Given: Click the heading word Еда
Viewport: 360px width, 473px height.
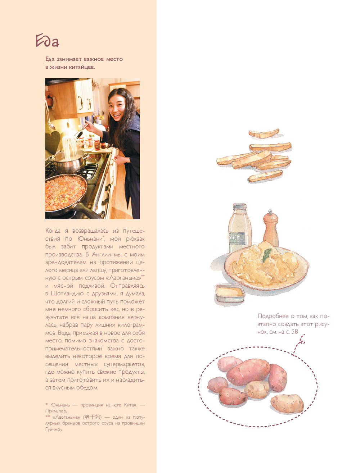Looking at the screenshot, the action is tap(47, 41).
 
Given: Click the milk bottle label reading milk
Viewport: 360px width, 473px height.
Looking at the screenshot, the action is tap(237, 238).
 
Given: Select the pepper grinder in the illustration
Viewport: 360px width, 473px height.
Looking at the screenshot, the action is tap(271, 228).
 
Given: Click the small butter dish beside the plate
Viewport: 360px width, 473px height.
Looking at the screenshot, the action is tap(230, 293).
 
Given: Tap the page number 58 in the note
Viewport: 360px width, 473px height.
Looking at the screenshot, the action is tap(294, 332).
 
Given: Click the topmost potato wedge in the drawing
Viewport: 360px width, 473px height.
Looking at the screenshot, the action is tap(264, 133).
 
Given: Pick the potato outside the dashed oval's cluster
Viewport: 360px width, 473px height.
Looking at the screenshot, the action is tap(287, 403).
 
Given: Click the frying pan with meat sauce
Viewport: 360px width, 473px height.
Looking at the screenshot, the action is tap(66, 196).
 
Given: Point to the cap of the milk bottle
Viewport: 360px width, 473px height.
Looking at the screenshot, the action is tap(239, 206).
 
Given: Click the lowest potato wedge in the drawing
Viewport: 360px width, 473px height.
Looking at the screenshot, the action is tap(265, 176).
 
